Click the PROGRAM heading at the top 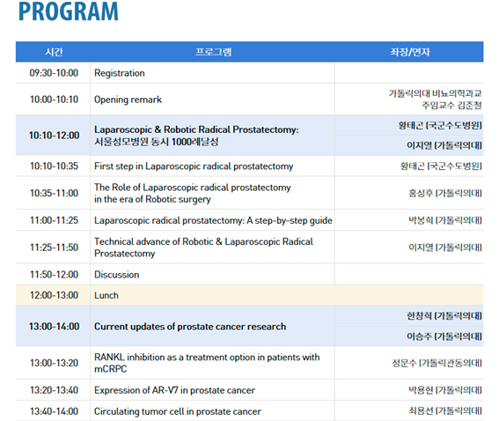69,11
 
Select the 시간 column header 54,52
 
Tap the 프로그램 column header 213,52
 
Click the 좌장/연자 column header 410,52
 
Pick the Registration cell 120,73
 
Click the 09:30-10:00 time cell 54,73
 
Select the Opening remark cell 128,100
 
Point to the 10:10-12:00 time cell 54,136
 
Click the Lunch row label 106,295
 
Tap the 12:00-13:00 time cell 54,295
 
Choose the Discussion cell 116,275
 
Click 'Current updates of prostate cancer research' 190,327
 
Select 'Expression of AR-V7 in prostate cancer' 174,390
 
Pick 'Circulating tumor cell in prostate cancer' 178,411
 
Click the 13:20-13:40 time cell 54,390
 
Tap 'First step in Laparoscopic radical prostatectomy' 194,166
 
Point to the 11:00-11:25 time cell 54,220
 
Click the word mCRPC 110,369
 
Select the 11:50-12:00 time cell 54,275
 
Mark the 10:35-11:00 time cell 54,193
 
